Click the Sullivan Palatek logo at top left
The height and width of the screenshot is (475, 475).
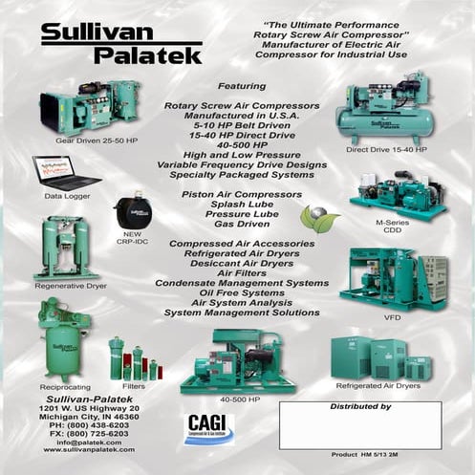coord(120,42)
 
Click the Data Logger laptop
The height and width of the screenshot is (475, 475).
coord(64,173)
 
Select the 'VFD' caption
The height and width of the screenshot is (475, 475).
coord(392,316)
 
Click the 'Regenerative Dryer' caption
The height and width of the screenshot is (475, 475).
coord(67,285)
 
